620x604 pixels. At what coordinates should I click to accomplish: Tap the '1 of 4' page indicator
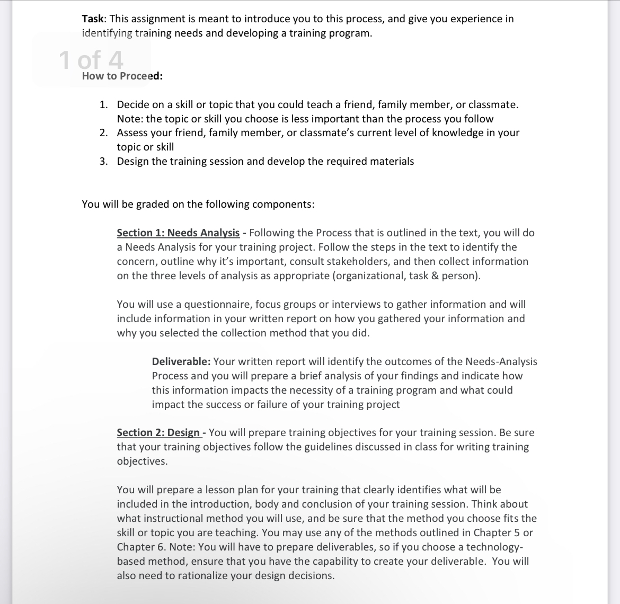tap(91, 59)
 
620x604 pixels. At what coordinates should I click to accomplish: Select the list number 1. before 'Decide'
tap(104, 104)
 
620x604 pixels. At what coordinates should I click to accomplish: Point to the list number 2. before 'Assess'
tap(104, 132)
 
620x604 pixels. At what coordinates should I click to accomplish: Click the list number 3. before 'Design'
tap(104, 161)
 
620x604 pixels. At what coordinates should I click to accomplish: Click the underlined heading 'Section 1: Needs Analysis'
tap(178, 233)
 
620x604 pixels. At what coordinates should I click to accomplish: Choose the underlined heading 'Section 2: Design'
tap(158, 432)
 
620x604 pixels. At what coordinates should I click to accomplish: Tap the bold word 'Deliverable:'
tap(181, 361)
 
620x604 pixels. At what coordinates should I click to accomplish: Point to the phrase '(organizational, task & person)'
tap(406, 276)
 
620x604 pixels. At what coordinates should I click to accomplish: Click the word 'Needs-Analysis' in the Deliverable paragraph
tap(501, 361)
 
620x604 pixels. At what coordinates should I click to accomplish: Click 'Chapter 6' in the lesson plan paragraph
tap(140, 547)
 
